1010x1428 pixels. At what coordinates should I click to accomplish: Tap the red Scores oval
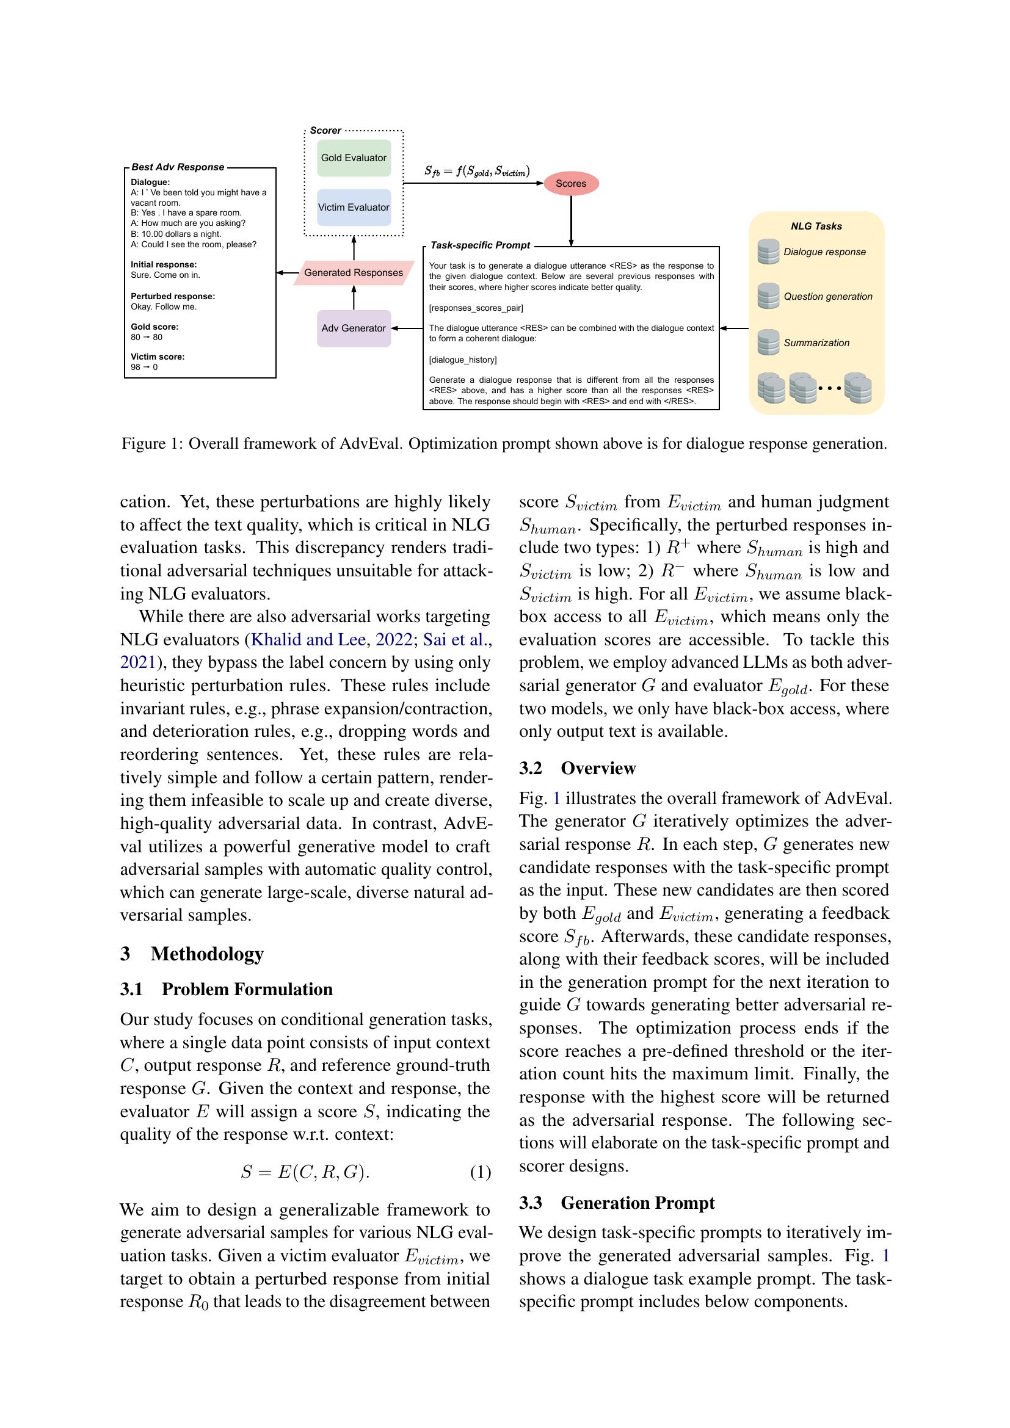pyautogui.click(x=570, y=184)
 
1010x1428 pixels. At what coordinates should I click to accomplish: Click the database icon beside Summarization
pyautogui.click(x=768, y=342)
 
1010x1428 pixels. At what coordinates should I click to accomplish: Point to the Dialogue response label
pyautogui.click(x=824, y=252)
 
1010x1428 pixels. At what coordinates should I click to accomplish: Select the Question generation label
pyautogui.click(x=827, y=297)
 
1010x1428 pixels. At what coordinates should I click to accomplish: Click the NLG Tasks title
pyautogui.click(x=816, y=227)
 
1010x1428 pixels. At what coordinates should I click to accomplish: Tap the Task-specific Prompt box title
pyautogui.click(x=480, y=245)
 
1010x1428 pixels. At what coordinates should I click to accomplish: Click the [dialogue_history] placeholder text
pyautogui.click(x=463, y=360)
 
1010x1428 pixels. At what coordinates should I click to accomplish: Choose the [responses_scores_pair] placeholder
pyautogui.click(x=476, y=308)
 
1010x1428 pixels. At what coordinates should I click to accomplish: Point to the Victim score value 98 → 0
pyautogui.click(x=144, y=367)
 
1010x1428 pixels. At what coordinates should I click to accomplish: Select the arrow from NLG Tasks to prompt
pyautogui.click(x=735, y=328)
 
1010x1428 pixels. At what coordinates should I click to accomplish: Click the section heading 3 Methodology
pyautogui.click(x=192, y=954)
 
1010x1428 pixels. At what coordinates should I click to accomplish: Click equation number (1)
pyautogui.click(x=480, y=1172)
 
